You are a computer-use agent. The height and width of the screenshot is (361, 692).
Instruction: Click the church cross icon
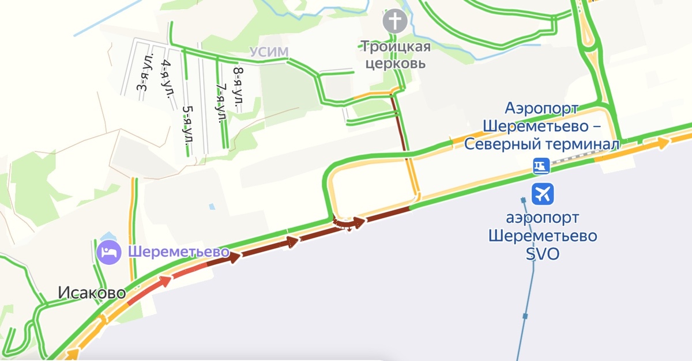tap(395, 22)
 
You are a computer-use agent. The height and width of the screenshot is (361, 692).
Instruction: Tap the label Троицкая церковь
tap(395, 54)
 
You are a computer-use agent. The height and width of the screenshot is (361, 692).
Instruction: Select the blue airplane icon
tap(543, 194)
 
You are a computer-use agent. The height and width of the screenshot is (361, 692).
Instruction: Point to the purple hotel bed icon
tap(108, 252)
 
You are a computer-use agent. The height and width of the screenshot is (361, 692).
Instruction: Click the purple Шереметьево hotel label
tap(179, 252)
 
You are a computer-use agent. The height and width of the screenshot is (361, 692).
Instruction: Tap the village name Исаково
tap(91, 293)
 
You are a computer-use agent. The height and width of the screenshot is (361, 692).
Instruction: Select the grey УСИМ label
tap(269, 52)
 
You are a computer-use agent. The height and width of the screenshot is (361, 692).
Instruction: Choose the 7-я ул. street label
tap(220, 104)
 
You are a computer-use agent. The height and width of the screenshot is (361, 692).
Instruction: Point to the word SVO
tap(543, 254)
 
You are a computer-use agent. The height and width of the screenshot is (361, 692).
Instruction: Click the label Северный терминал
tap(541, 144)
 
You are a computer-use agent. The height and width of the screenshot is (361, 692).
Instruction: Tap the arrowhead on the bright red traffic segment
tap(166, 280)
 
